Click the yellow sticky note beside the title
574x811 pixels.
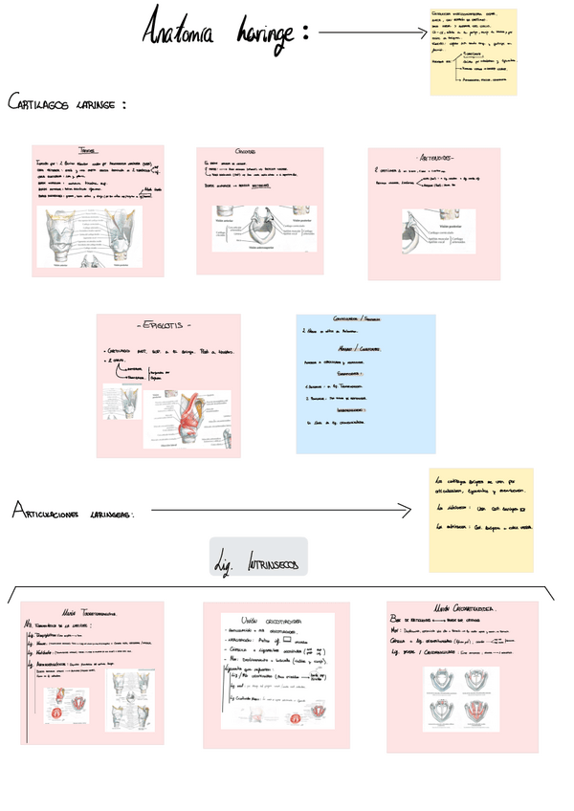474,52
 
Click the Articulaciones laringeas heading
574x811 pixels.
73,514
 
